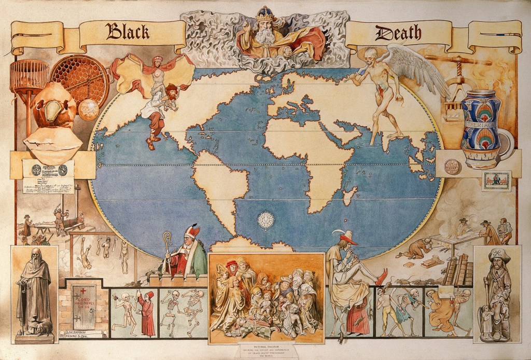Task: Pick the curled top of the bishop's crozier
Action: [x=167, y=238]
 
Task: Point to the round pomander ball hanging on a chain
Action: [x=88, y=110]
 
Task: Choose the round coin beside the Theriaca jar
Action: [x=453, y=167]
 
